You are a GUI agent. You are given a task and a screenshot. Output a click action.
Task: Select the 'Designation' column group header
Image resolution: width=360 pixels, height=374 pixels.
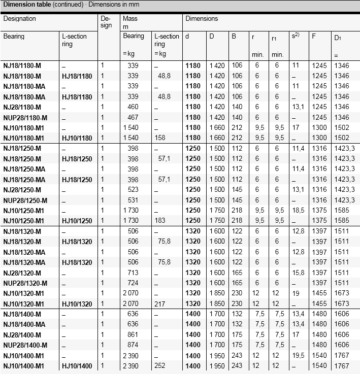point(20,18)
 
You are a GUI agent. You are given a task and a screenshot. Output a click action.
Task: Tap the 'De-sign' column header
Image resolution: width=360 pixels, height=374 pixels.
point(106,22)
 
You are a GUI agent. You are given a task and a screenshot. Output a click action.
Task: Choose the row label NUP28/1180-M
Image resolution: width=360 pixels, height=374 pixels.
point(26,117)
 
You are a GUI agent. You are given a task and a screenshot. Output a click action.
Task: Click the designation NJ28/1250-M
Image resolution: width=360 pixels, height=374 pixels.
point(22,189)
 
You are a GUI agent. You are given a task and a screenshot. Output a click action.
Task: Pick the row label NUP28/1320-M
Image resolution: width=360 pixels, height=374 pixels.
point(26,283)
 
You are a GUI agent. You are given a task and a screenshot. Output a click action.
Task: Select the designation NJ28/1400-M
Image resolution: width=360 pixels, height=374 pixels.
point(22,335)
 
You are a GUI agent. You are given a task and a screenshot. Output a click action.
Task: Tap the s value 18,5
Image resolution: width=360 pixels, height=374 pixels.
point(297,210)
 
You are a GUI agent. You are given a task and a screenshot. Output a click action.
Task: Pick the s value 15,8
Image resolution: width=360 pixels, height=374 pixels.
point(297,273)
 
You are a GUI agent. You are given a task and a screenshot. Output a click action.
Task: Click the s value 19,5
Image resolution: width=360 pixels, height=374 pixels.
point(297,356)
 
